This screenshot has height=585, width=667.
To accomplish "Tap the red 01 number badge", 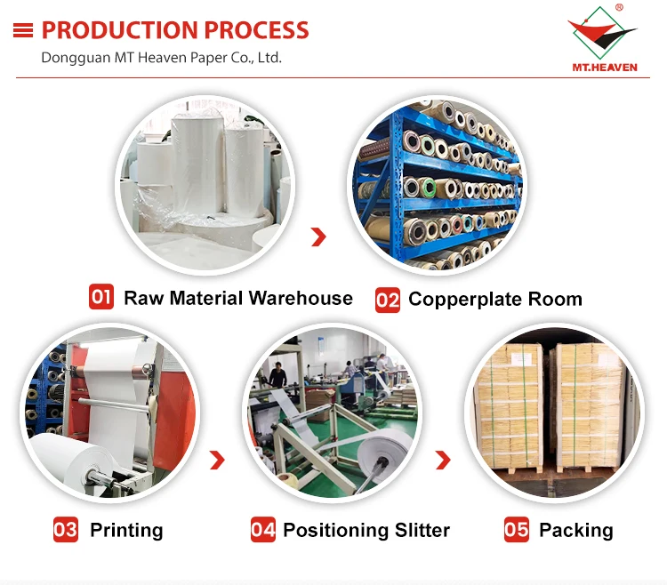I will point(101,296).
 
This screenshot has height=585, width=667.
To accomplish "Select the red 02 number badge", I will point(388,299).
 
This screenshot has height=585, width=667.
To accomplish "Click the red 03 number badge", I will point(66,530).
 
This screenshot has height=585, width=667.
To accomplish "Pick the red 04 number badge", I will point(263,530).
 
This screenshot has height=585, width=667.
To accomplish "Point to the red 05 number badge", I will point(517,530).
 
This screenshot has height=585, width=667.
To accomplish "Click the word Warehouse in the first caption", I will point(301,298).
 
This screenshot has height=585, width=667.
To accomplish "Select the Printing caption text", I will point(126,531).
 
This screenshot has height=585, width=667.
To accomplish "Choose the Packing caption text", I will point(575,531).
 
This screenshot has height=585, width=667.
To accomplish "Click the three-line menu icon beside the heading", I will point(23,30).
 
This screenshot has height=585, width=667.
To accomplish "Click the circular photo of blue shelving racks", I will point(435,185).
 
